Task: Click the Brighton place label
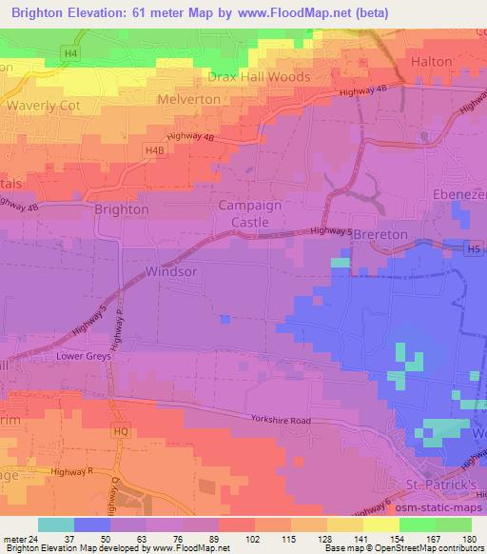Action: pos(121,208)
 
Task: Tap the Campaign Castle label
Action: pos(252,213)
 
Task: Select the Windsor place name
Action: pos(172,271)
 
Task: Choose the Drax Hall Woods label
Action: pos(259,76)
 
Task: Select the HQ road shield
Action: pos(119,431)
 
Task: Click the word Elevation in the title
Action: pos(108,13)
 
